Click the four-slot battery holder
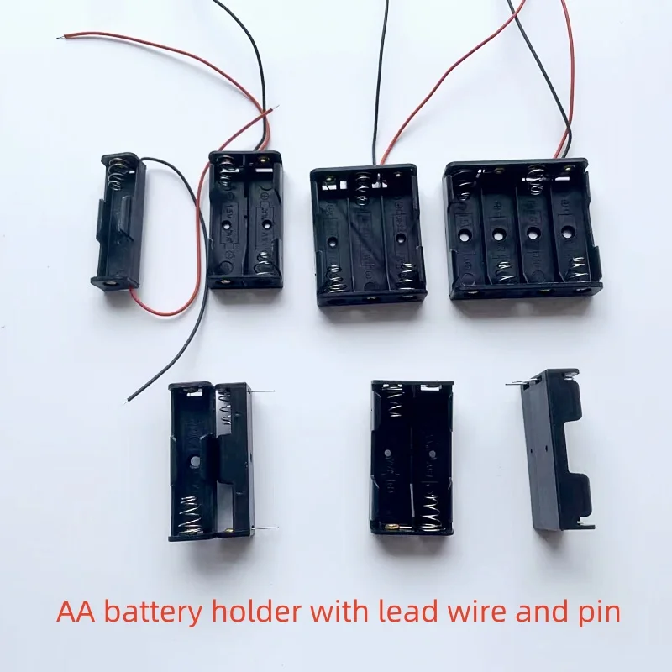523,228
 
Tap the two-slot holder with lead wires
245,220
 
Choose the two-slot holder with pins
412,457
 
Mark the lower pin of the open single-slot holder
268,528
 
